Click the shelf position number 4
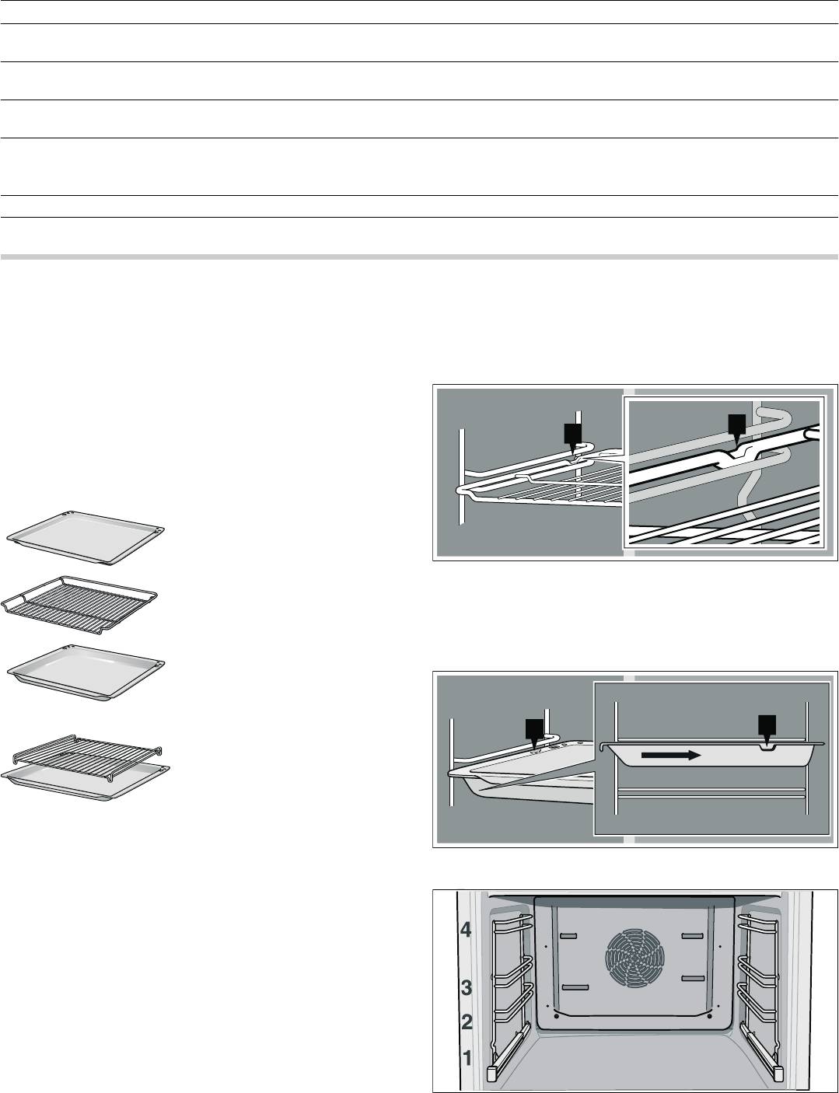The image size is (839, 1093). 467,931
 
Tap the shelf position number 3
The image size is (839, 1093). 467,987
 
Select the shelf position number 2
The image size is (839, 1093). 467,1022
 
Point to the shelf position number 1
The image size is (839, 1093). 467,1058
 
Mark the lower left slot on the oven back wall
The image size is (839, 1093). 575,987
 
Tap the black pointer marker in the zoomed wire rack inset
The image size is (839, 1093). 737,431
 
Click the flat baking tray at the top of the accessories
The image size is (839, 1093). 86,540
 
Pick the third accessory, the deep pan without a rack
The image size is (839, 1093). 86,672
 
